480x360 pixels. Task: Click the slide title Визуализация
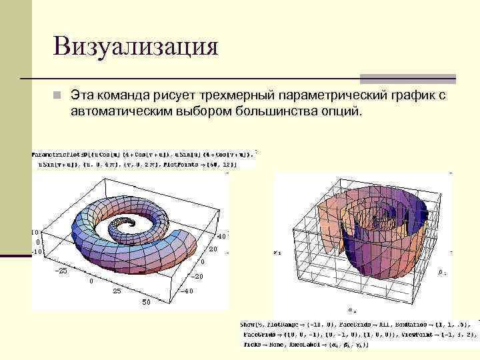tap(137, 47)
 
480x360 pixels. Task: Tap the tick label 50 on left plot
tap(146, 303)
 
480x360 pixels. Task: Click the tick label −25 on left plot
tap(61, 271)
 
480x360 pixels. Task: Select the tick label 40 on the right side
tap(221, 236)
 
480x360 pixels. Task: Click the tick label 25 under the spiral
tap(117, 291)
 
